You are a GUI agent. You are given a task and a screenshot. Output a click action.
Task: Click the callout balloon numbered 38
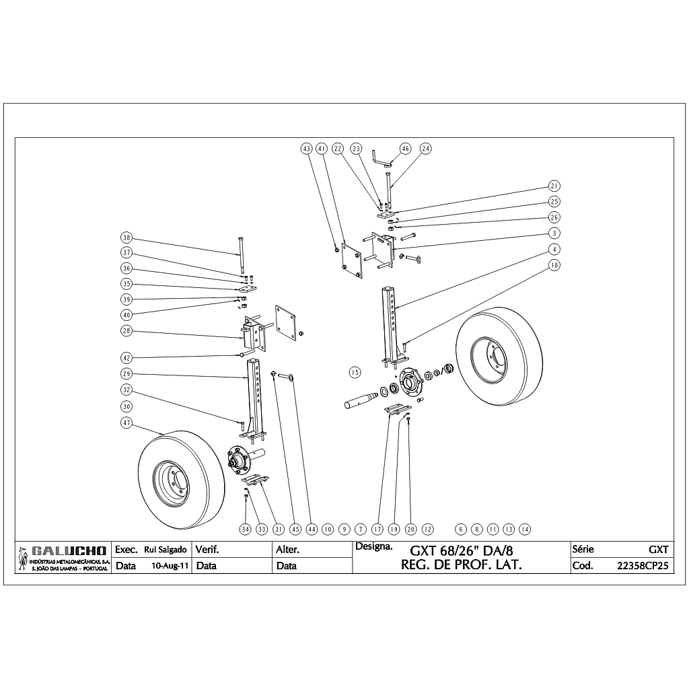coord(126,238)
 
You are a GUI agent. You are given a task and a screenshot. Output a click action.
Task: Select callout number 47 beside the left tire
coord(126,423)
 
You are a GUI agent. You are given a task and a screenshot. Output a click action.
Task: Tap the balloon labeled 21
coord(554,186)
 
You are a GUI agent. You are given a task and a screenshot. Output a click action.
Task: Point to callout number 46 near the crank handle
coord(405,149)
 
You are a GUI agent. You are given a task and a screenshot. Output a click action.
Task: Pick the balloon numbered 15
coord(355,373)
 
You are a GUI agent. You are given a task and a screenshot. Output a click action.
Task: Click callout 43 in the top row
coord(306,149)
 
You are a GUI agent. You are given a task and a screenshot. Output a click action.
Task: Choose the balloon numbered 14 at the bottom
coord(525,529)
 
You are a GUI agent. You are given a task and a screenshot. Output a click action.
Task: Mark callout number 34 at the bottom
coord(245,529)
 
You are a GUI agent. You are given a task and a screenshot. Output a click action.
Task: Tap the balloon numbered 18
coord(554,265)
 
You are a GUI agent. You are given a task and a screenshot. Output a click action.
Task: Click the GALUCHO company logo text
coord(69,551)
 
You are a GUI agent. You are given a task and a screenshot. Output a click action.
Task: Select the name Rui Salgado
coord(166,550)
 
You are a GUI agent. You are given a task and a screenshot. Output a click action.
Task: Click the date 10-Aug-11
coord(170,566)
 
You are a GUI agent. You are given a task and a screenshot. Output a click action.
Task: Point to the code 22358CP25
coord(643,566)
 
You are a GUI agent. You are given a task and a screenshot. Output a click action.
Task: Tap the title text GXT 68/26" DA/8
coord(462,551)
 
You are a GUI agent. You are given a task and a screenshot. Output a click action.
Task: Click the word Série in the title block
coord(583,549)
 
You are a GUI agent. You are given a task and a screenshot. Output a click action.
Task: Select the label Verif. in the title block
coord(207,550)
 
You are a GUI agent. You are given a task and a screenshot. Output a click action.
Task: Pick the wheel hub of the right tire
coord(488,357)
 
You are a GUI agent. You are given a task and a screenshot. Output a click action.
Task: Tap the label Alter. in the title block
coord(287,550)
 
